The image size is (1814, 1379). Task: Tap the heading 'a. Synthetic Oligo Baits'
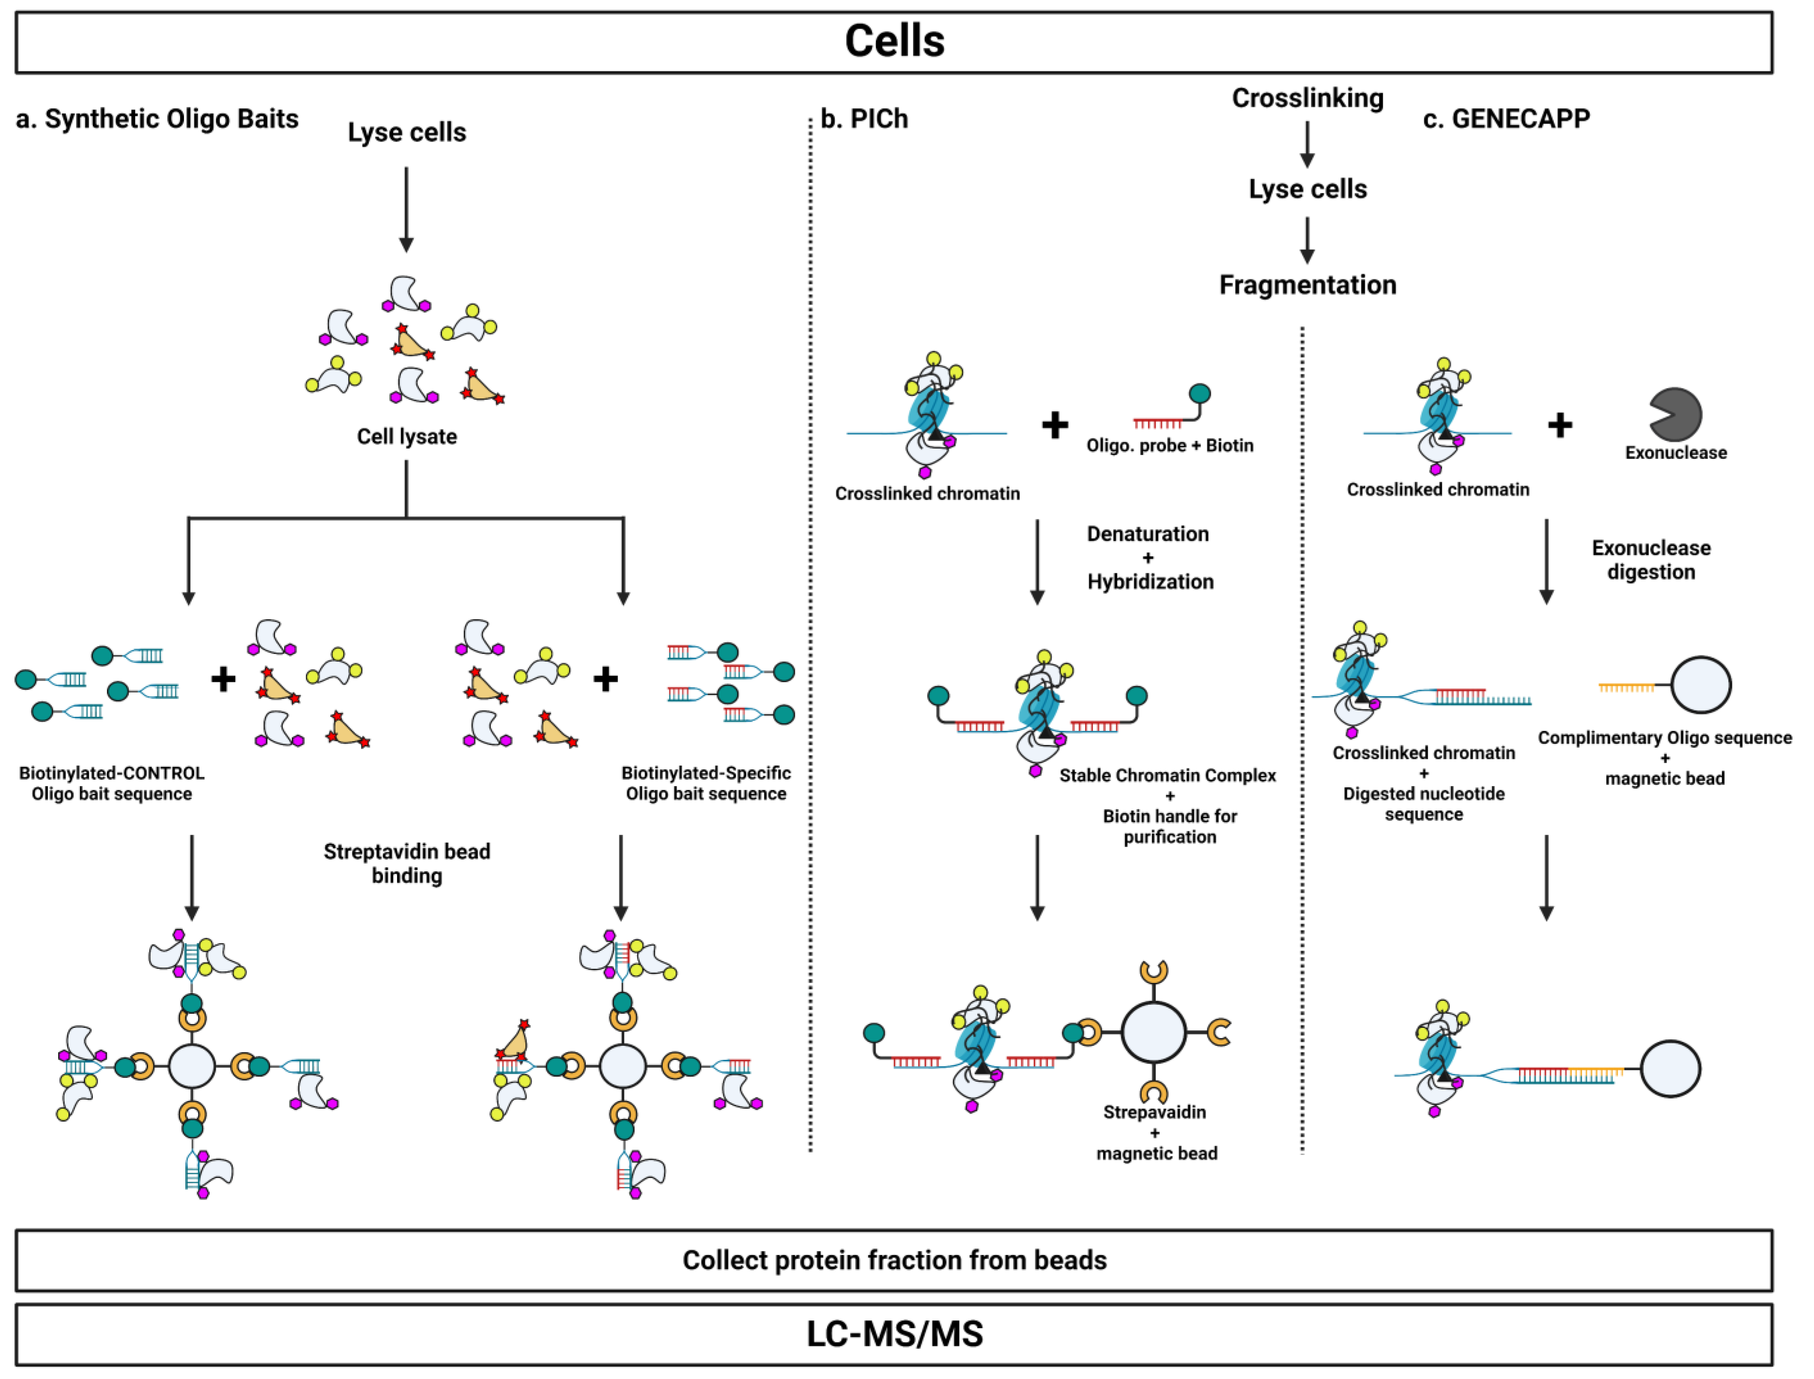coord(157,119)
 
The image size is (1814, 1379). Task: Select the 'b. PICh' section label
coord(864,119)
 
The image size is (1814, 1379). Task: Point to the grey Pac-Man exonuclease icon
coord(1675,414)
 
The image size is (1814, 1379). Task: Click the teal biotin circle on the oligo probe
coord(1199,394)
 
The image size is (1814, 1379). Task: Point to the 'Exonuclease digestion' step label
coord(1651,560)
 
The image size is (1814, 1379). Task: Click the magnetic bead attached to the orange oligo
coord(1701,684)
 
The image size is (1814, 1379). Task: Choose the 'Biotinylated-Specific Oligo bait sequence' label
coord(706,783)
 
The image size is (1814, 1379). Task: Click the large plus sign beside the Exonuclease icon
coord(1559,425)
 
